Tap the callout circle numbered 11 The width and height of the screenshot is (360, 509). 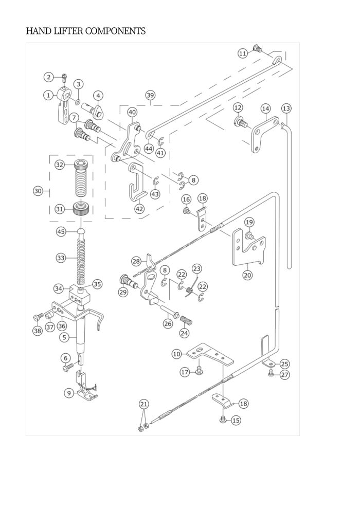243,53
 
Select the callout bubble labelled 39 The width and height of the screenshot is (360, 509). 150,96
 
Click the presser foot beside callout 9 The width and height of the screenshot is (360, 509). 86,390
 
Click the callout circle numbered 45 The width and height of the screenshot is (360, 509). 61,231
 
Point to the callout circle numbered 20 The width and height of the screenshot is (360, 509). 247,275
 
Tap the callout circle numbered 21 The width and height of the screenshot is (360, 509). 144,405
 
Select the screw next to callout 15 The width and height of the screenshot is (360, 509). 223,420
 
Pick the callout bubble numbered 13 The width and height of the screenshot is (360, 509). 286,108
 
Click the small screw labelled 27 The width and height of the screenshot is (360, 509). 269,374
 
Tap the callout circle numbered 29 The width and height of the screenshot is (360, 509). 123,292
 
